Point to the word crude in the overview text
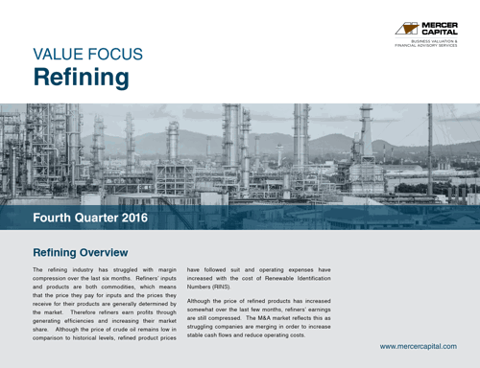coord(131,329)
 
